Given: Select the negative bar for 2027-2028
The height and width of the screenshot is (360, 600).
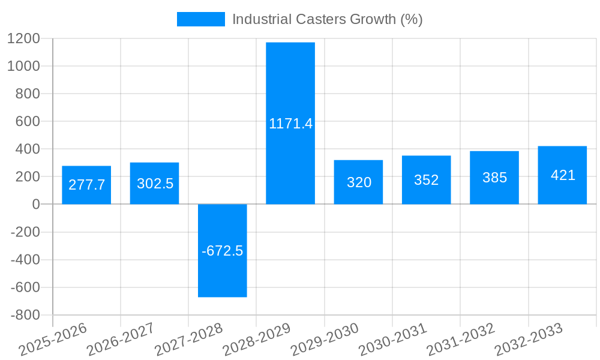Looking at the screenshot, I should (223, 276).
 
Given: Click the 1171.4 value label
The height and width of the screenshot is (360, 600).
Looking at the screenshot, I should (291, 124).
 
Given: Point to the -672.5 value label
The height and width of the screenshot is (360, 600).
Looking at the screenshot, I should (223, 251).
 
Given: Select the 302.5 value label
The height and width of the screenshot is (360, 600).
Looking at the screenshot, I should (155, 184).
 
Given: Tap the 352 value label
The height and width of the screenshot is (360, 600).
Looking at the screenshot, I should (427, 180).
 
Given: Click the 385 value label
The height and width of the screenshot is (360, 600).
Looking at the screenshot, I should (494, 178).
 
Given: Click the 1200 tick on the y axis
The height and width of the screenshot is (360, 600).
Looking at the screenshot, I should (23, 38).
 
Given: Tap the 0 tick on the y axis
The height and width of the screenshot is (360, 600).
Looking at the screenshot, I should (35, 205).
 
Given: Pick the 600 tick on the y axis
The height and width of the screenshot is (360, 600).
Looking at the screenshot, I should (27, 121).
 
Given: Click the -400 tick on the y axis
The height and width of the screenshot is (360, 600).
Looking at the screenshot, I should (25, 260).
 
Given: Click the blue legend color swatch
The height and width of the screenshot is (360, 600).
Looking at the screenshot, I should (200, 19).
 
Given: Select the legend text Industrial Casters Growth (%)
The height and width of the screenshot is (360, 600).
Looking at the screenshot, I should (327, 19).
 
